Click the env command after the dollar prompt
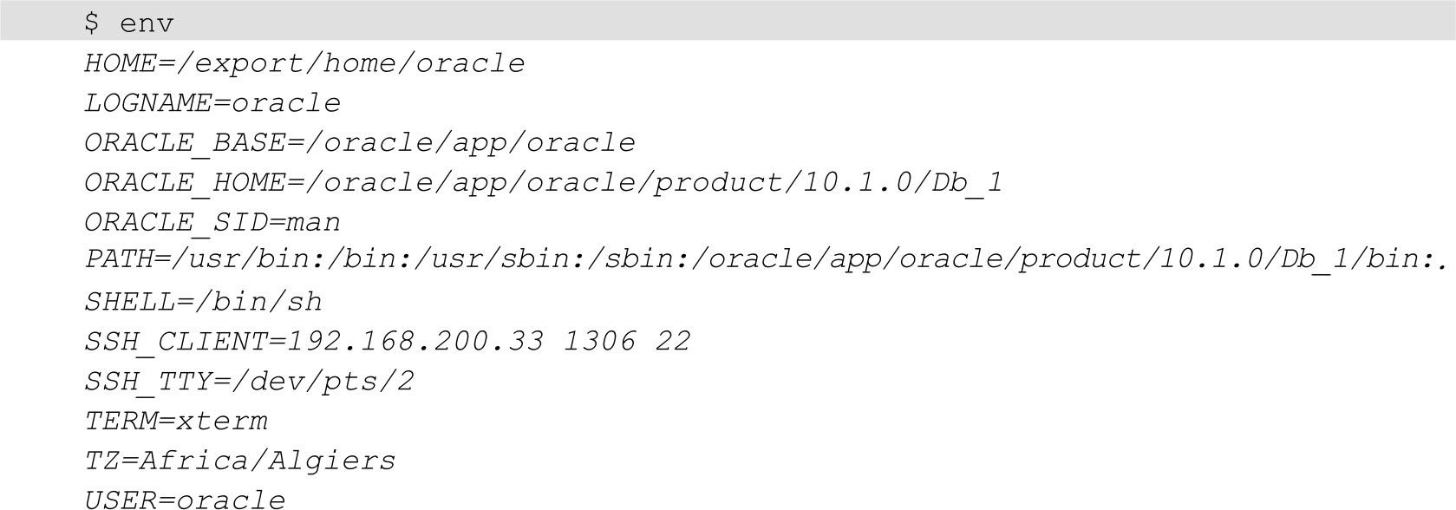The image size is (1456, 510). coord(147,23)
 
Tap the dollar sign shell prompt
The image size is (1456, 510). coord(92,23)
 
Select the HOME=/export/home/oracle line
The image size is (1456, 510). coord(304,63)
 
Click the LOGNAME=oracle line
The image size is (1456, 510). coord(212,103)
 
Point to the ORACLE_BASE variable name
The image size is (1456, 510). coord(185,143)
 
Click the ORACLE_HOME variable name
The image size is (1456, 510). coord(185,182)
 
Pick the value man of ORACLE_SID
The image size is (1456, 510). coord(314,222)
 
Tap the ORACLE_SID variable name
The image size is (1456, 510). coord(176,222)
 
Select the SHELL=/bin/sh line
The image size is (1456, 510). coord(203,302)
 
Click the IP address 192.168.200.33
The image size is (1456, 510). coord(415,341)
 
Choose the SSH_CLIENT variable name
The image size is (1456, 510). coord(176,341)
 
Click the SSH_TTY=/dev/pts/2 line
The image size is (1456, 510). coord(249,381)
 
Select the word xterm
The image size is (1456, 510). coord(222,421)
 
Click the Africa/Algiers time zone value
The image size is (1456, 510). coord(268,461)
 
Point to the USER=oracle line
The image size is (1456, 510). coord(185,499)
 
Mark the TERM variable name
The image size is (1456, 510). coord(121,421)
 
